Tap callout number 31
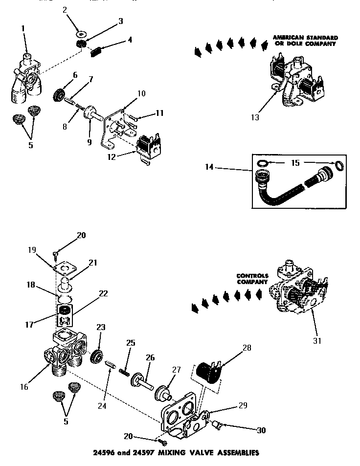[317, 340]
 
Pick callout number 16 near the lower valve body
[23, 387]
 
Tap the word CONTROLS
[253, 276]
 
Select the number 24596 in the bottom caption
[104, 452]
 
